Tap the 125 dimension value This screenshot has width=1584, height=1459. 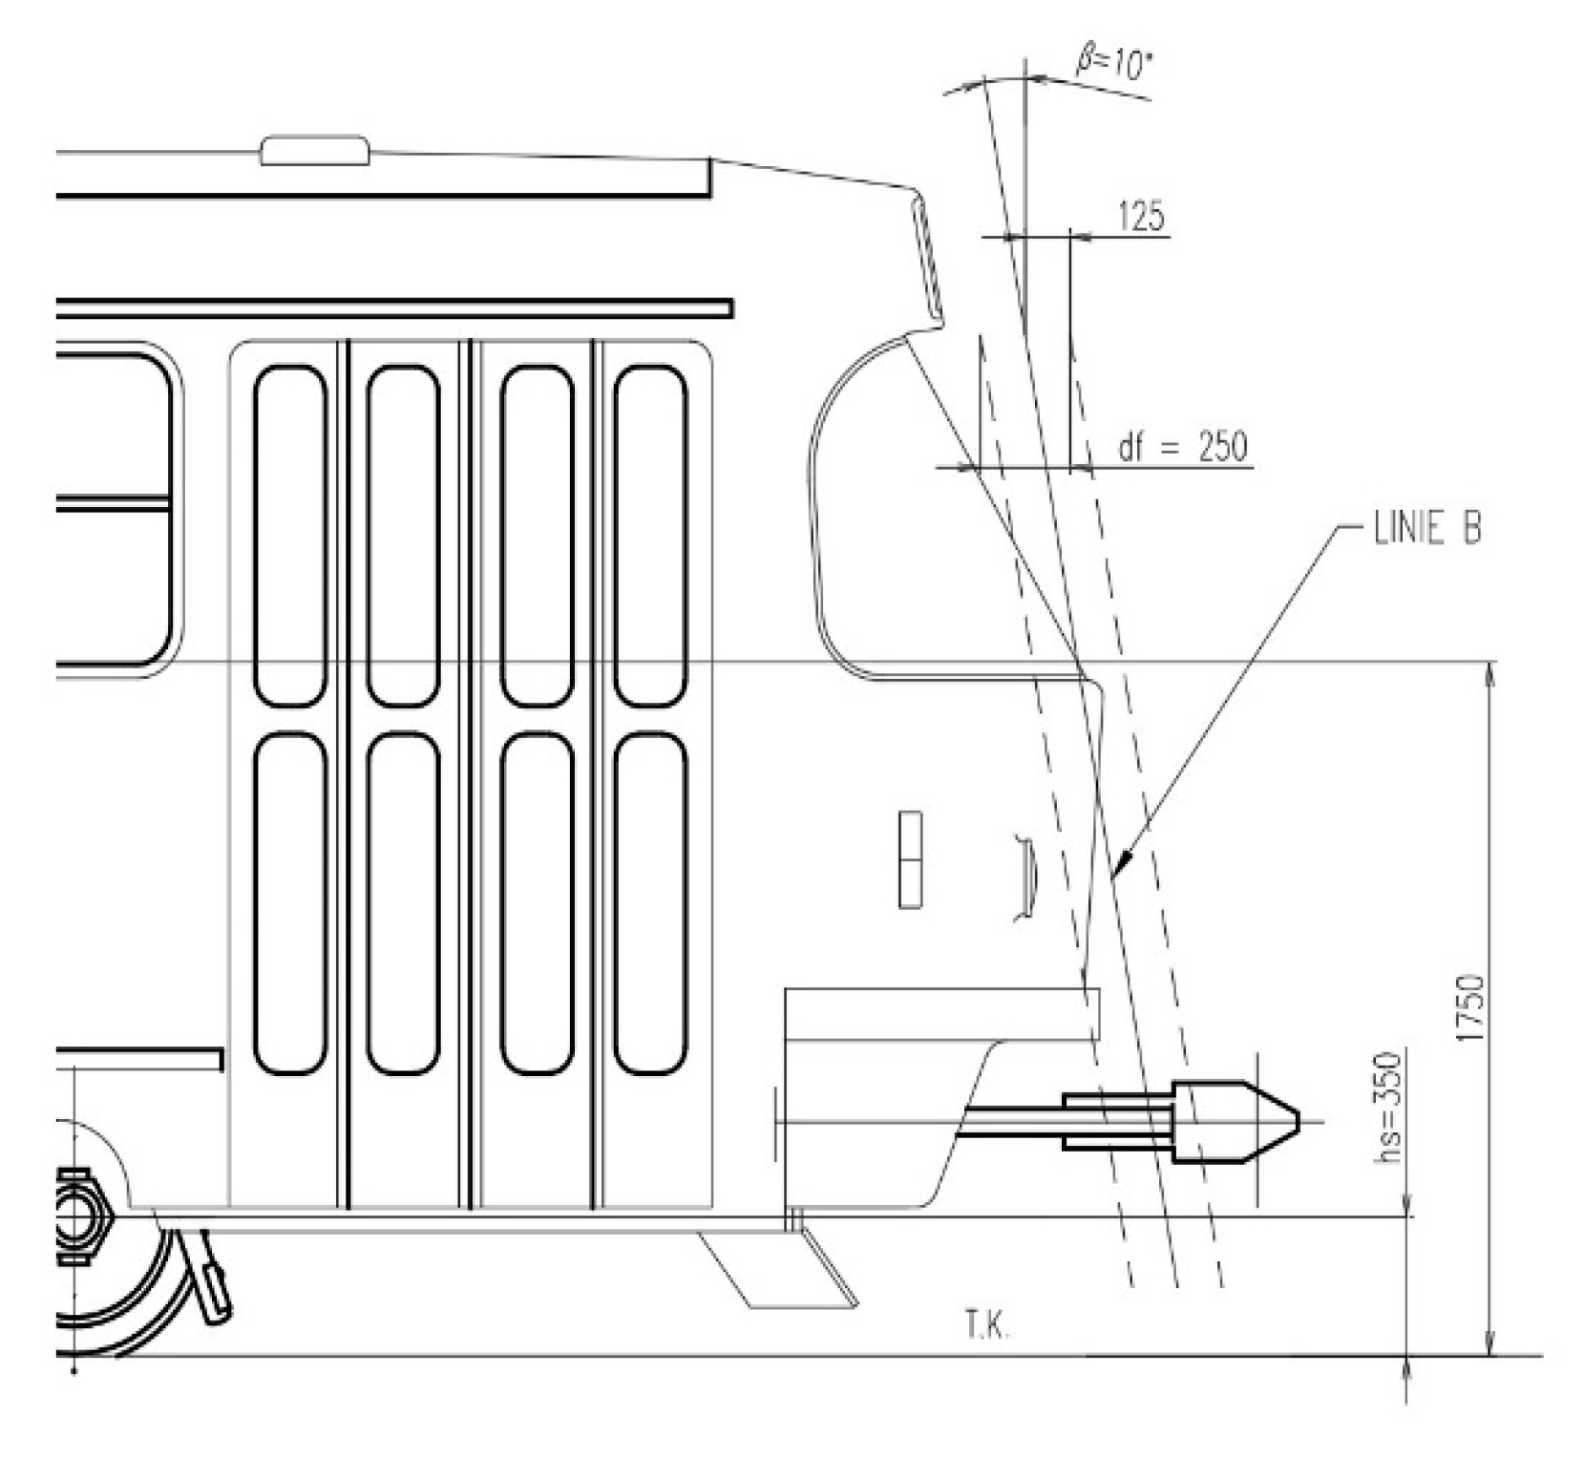[1142, 218]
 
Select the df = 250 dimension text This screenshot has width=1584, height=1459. [1182, 447]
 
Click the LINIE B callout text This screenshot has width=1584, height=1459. [1426, 529]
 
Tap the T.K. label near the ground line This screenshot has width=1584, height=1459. [985, 1328]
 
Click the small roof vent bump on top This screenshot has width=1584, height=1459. [315, 150]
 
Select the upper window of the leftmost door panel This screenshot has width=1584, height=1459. [290, 537]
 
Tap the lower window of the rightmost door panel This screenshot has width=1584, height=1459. [650, 903]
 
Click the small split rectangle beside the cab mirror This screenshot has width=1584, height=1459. [910, 859]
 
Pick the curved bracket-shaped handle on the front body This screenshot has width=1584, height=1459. [1025, 878]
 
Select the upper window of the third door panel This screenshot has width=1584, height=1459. [537, 537]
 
